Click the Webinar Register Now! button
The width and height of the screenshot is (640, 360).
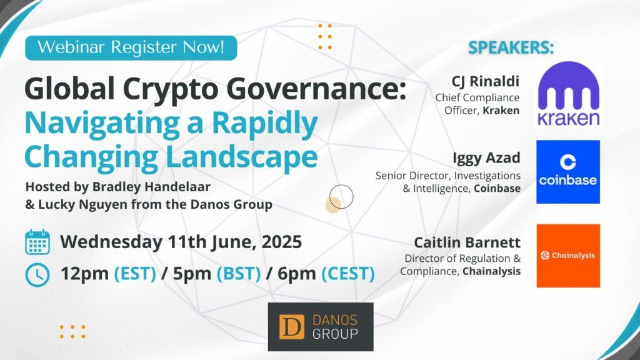tap(131, 47)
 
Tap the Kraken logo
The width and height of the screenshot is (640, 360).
tap(569, 94)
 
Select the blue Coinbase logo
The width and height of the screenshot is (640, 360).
tap(568, 172)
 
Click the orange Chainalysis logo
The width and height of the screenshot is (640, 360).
tap(568, 256)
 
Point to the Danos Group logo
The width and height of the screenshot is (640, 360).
tap(321, 326)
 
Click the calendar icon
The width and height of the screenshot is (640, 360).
tap(37, 242)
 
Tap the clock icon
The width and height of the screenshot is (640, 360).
tap(37, 275)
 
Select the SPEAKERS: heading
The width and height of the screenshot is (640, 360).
tap(511, 47)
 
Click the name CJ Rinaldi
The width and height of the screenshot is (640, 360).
tap(485, 81)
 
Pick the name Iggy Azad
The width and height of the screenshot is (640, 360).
tap(486, 158)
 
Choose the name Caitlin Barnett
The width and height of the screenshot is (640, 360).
tap(467, 242)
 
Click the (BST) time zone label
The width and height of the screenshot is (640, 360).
tap(238, 274)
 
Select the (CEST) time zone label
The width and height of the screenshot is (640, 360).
tap(348, 274)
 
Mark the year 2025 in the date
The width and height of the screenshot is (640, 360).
tap(282, 242)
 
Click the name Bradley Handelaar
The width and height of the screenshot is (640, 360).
tap(151, 186)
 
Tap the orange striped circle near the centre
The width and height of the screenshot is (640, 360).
tap(333, 205)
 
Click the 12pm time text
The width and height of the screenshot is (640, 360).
tap(84, 274)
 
